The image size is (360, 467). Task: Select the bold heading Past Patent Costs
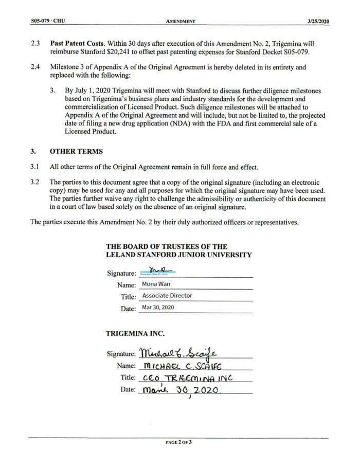point(78,44)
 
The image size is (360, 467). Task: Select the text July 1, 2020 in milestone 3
point(93,90)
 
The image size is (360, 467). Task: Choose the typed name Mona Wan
point(157,284)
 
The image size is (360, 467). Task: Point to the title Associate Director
point(167,296)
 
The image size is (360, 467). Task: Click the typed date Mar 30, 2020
point(158,308)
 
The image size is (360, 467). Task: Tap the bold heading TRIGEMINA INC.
point(135,333)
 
